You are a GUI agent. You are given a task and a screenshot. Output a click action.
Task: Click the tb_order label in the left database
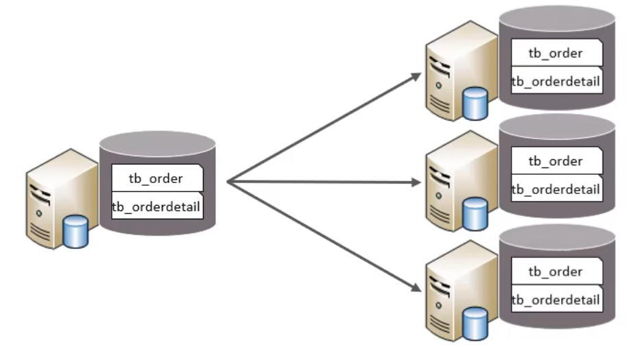pyautogui.click(x=156, y=178)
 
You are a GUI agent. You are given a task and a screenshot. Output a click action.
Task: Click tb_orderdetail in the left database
pyautogui.click(x=157, y=206)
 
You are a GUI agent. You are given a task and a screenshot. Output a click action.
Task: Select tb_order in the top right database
pyautogui.click(x=556, y=53)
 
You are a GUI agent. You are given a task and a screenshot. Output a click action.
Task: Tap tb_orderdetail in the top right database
pyautogui.click(x=556, y=82)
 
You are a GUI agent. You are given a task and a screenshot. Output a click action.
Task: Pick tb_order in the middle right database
pyautogui.click(x=556, y=161)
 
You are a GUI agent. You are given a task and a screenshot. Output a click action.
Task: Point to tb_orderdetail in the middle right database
pyautogui.click(x=556, y=189)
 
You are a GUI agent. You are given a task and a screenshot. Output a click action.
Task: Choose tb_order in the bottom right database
pyautogui.click(x=556, y=272)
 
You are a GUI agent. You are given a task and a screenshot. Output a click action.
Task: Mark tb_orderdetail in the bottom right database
pyautogui.click(x=556, y=300)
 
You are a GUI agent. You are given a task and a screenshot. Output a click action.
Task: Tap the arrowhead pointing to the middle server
pyautogui.click(x=416, y=183)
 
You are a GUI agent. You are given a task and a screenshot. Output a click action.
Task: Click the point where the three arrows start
pyautogui.click(x=228, y=182)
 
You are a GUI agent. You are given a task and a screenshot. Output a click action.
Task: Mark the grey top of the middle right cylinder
pyautogui.click(x=556, y=128)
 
